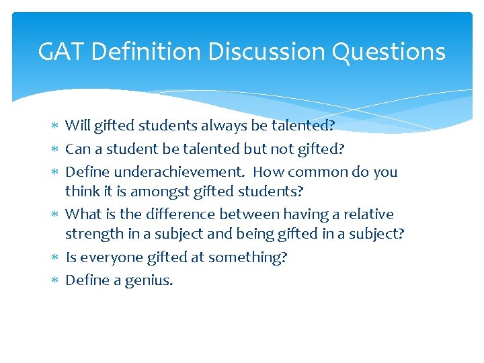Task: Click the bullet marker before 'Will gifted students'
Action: coord(56,126)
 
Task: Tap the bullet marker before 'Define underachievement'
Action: coord(56,172)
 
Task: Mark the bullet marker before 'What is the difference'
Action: coord(56,214)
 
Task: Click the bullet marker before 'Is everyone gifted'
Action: coord(56,257)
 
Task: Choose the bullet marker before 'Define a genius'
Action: coord(56,280)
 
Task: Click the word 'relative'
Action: coord(369,214)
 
